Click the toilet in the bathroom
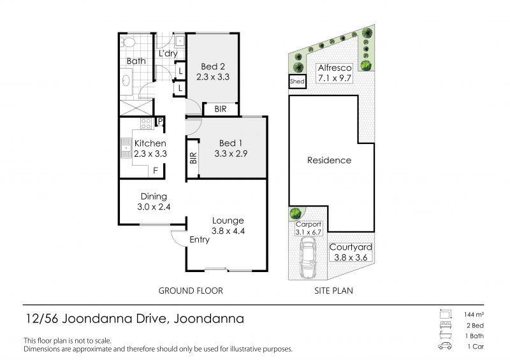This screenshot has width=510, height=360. coord(128,42)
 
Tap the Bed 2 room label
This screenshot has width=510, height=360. coord(213,66)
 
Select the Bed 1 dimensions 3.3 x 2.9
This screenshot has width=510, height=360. coord(231,154)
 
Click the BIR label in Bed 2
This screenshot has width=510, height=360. coord(221,109)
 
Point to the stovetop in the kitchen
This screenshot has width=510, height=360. coord(147,124)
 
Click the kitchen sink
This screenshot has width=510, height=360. coord(126,148)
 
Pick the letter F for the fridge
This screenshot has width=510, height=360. coord(156,170)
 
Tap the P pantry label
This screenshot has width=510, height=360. coord(160,122)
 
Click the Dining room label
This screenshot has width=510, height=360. coord(154,196)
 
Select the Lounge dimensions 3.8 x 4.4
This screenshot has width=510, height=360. coord(228,231)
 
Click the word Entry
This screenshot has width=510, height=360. coord(200,240)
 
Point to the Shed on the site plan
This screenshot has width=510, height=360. coord(297,82)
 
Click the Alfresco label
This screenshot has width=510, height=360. coord(335,68)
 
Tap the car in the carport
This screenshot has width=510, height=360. coord(307,259)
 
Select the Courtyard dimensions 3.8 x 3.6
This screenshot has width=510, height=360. coord(351,257)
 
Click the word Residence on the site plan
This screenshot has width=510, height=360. coord(329,160)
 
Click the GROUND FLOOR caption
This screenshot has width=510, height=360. coord(191,291)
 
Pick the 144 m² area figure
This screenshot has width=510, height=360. coord(474,315)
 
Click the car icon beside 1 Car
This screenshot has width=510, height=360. coord(445,346)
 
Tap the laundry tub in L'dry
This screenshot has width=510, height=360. coord(180,41)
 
